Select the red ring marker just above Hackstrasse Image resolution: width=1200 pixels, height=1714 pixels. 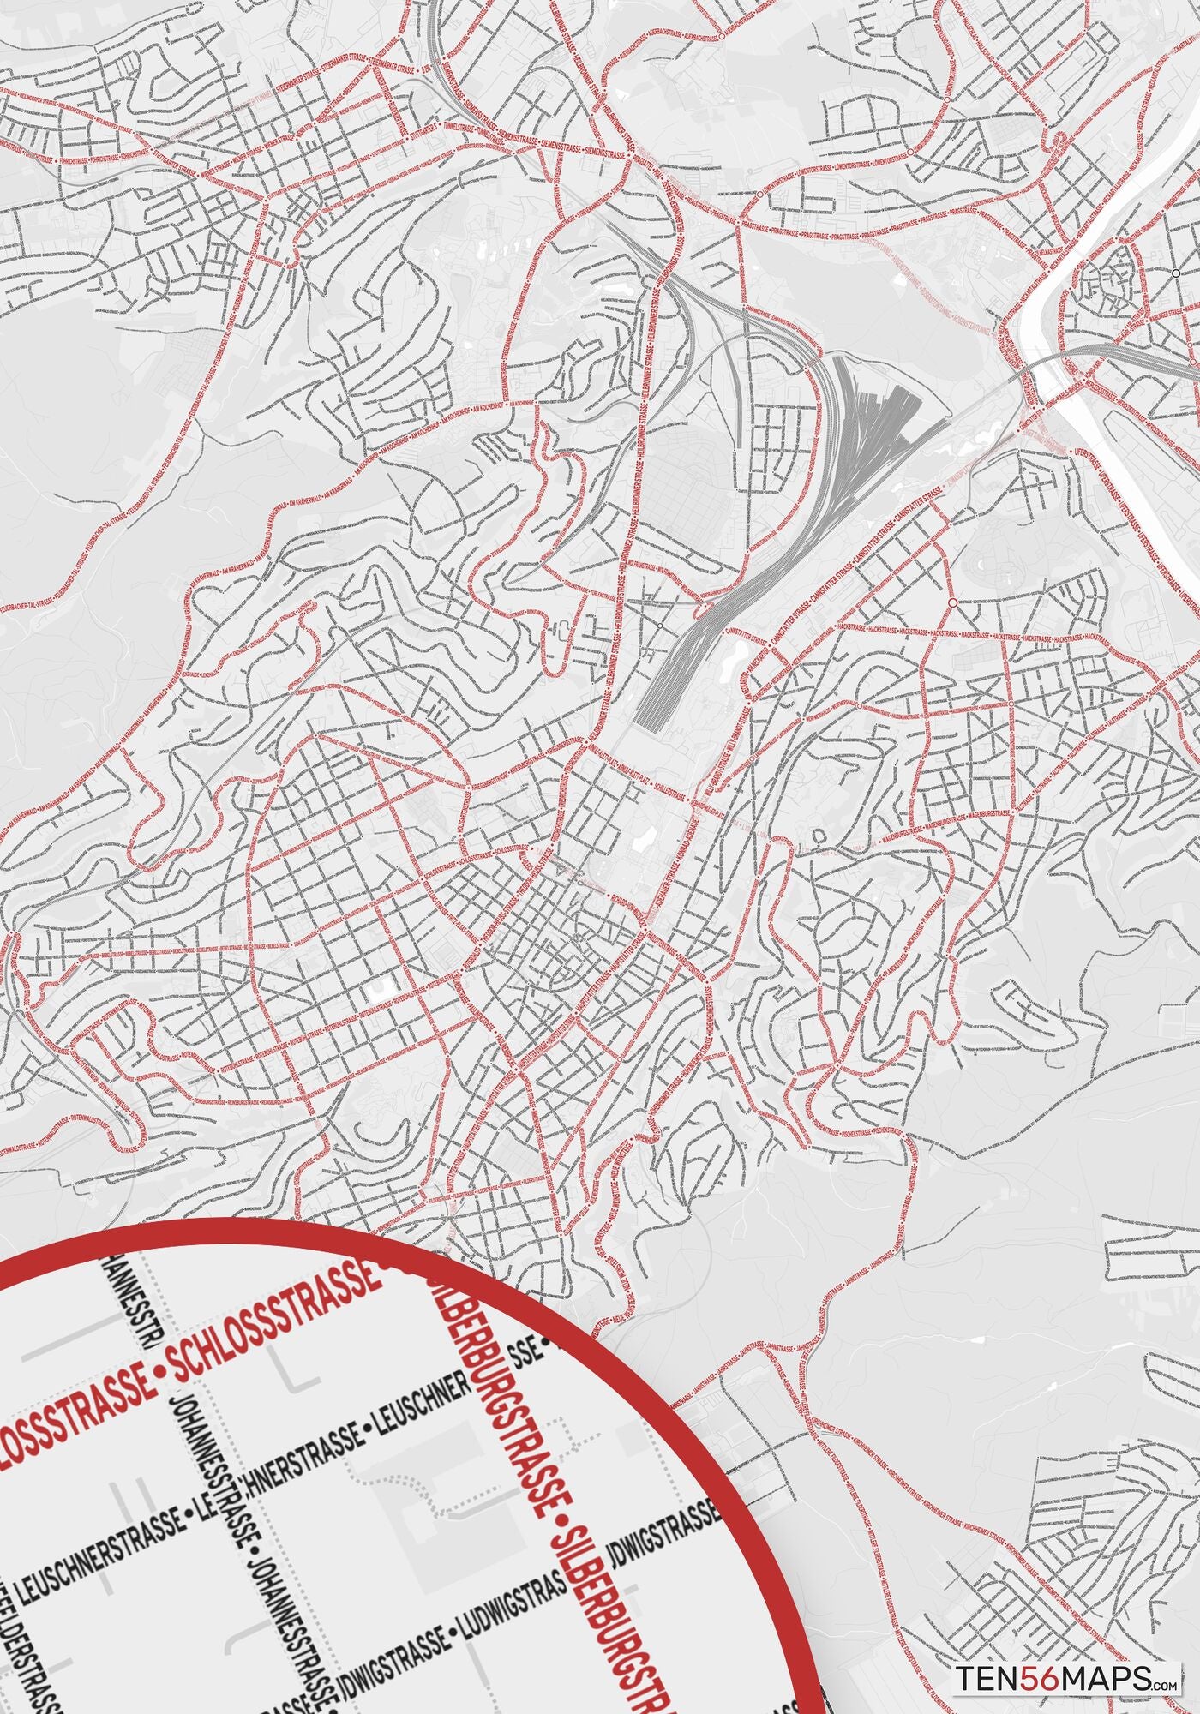(952, 603)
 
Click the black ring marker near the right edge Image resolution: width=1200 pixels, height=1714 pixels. (1175, 273)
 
